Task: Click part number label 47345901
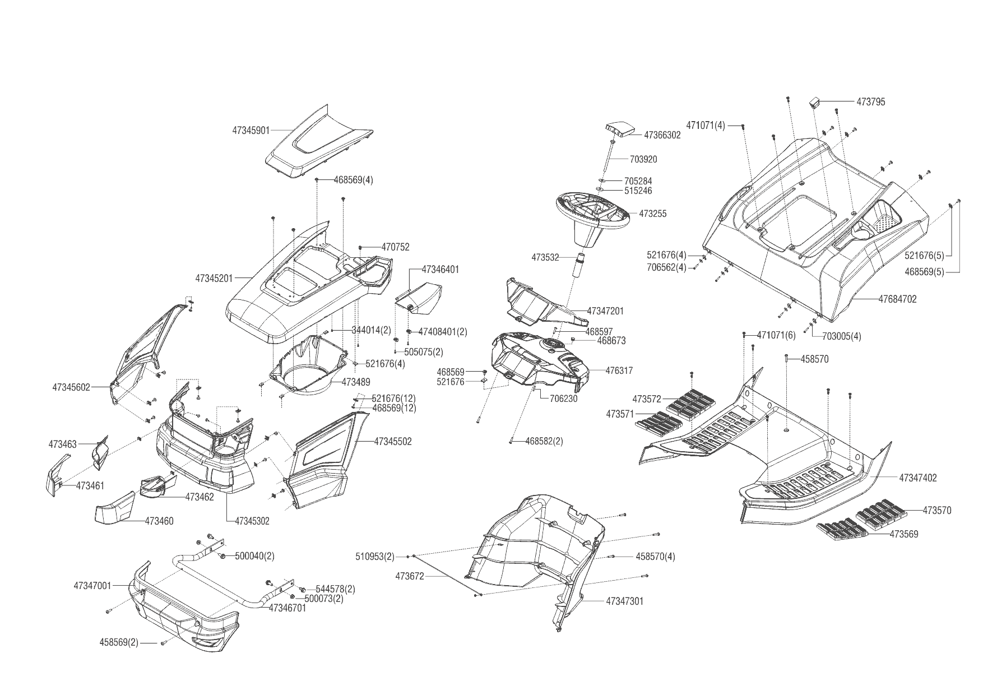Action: (251, 131)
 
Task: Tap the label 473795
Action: (870, 102)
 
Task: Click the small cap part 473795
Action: (814, 102)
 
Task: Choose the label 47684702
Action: (897, 299)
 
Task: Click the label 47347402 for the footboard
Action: (917, 478)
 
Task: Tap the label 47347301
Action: (624, 601)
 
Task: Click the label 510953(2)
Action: (374, 557)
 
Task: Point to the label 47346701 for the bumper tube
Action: (288, 608)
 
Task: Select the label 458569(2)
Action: (119, 642)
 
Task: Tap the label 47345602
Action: (71, 387)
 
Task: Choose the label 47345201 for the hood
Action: (214, 277)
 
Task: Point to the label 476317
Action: (619, 370)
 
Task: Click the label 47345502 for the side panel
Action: (392, 442)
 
